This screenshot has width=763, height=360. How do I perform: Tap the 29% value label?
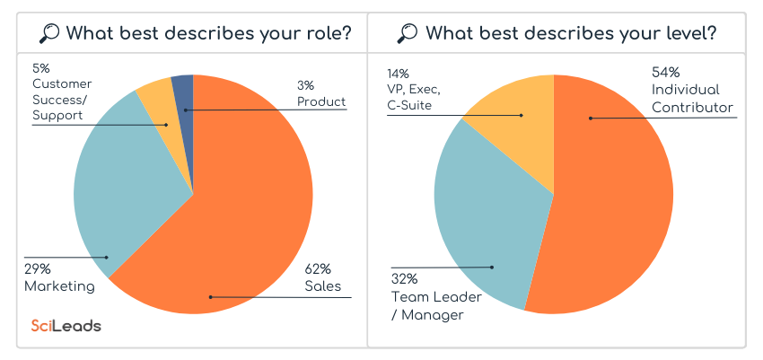(x=38, y=268)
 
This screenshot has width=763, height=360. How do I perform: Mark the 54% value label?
(x=665, y=72)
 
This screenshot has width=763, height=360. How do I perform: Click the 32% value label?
(x=404, y=278)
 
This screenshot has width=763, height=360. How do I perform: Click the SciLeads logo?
(x=66, y=326)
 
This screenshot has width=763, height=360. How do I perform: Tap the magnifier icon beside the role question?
(x=50, y=34)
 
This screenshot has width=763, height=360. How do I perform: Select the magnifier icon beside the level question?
(x=408, y=34)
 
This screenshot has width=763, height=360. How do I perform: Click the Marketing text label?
(x=59, y=286)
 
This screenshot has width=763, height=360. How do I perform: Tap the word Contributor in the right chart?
(x=692, y=107)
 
